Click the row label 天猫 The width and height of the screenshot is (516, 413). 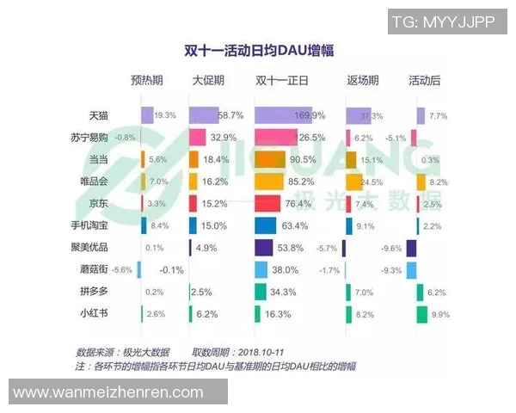(99, 114)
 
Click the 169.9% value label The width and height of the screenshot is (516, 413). (310, 114)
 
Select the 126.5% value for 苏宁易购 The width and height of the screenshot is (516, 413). (308, 137)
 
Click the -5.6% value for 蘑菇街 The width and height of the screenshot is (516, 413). (123, 270)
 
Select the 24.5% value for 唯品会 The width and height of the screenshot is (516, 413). (371, 182)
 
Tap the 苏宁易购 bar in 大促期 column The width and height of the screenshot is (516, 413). (197, 137)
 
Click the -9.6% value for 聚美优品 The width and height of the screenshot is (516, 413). (392, 248)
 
